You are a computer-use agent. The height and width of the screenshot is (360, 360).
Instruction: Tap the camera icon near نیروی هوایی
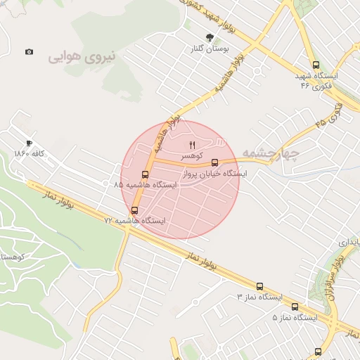(29, 51)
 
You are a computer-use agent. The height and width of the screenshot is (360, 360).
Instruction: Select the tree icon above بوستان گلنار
(209, 37)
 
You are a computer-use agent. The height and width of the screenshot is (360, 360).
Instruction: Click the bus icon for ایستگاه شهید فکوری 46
(315, 65)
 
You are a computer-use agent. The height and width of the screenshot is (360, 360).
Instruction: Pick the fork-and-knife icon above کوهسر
(193, 144)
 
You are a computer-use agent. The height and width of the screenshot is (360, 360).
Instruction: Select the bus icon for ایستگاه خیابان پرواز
(214, 162)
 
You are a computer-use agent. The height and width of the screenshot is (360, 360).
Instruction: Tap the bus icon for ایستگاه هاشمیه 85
(145, 174)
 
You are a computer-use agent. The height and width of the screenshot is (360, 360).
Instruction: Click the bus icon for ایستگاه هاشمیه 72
(134, 210)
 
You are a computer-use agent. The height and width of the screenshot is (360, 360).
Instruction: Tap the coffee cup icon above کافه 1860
(29, 143)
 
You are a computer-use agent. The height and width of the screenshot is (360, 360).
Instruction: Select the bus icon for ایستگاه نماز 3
(259, 286)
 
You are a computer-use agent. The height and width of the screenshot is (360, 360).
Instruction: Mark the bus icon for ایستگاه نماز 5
(295, 307)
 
